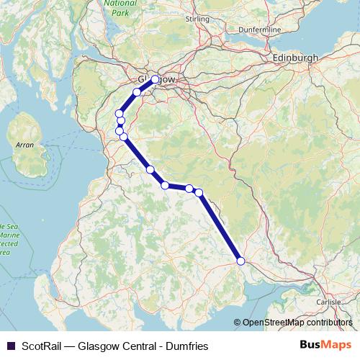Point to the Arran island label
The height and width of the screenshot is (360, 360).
click(25, 145)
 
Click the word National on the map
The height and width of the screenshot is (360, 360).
click(120, 4)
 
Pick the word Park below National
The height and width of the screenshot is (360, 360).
click(120, 13)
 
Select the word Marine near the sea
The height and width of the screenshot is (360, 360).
click(9, 235)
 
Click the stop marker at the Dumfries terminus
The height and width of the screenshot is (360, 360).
click(240, 261)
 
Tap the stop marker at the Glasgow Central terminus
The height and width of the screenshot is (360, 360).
click(155, 79)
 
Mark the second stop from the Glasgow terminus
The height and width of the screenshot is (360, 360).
click(137, 92)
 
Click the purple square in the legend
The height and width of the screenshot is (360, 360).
click(9, 345)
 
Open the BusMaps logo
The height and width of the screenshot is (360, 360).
click(325, 345)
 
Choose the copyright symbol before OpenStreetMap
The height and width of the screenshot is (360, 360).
click(238, 323)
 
